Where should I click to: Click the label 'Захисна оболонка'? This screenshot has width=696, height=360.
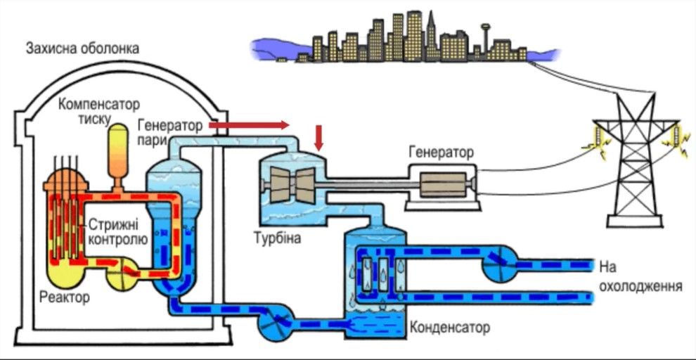click(82, 49)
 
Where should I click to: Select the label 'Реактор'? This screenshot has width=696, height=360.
click(65, 297)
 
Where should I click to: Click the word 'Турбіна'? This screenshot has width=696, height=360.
click(277, 238)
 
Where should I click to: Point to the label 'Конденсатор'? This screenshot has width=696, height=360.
click(449, 327)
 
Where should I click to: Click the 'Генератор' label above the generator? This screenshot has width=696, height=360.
click(441, 151)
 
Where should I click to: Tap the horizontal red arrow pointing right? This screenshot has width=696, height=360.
click(249, 125)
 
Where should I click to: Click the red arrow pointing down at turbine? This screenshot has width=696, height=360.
click(319, 138)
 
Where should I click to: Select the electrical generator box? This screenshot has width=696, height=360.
click(441, 185)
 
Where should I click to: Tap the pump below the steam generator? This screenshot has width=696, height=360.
click(274, 323)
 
